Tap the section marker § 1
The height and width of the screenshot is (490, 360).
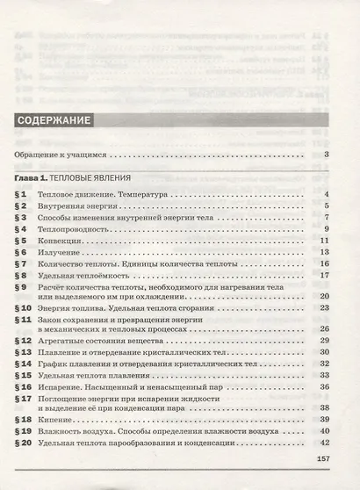coord(23,194)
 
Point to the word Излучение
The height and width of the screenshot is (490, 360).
coord(84,252)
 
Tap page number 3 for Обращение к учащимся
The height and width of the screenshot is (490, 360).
coord(325,155)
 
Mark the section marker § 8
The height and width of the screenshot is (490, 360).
coord(23,275)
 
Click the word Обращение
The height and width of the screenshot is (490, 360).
coord(40,155)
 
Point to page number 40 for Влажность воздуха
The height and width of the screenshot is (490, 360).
coord(323,432)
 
